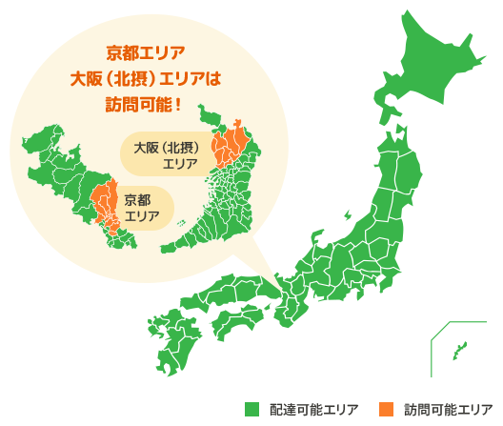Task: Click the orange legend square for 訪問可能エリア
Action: click(386, 409)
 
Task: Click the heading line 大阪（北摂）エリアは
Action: click(146, 77)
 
